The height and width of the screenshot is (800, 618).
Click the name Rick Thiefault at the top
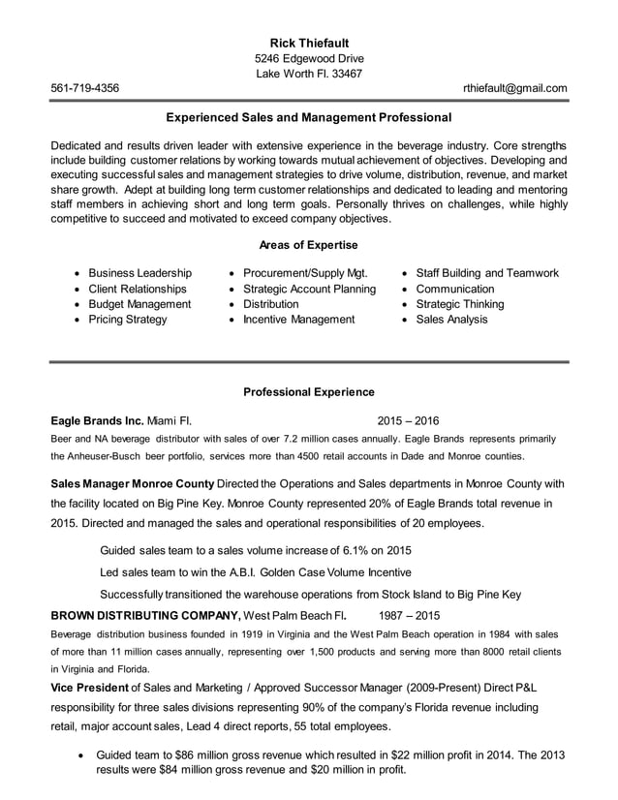click(308, 43)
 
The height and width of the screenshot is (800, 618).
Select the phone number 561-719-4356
click(85, 88)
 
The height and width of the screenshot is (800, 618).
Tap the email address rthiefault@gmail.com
click(514, 88)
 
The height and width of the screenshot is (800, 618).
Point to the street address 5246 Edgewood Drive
click(308, 58)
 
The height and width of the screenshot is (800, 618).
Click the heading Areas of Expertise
click(308, 245)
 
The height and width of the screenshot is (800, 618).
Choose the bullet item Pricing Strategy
click(127, 320)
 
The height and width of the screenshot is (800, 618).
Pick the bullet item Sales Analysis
click(451, 320)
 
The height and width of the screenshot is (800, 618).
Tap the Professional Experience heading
click(308, 392)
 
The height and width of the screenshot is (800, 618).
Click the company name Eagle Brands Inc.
click(96, 421)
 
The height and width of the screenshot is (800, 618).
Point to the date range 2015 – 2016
click(408, 421)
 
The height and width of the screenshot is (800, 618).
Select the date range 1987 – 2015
click(408, 615)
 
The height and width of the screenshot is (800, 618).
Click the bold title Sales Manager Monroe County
click(133, 483)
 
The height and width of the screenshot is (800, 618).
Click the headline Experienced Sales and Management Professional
click(308, 118)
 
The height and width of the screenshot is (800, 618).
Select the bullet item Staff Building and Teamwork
click(486, 273)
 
